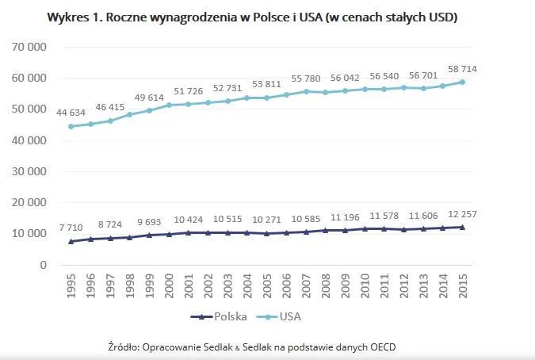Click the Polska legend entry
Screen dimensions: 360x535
coord(227,316)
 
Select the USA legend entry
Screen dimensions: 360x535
coord(292,316)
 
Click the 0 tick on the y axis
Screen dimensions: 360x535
coord(44,265)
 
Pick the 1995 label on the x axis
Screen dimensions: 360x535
coord(71,286)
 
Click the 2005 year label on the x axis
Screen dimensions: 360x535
coord(267,286)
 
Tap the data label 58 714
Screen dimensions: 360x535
coord(460,69)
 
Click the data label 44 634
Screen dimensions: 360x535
coord(71,113)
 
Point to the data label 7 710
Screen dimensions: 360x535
coord(71,227)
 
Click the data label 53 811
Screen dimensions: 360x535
coord(266,84)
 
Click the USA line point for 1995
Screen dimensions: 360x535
coord(71,126)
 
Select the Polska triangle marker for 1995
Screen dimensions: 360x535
coord(71,240)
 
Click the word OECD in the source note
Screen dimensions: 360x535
coord(380,347)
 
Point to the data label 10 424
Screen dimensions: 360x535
coord(188,219)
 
